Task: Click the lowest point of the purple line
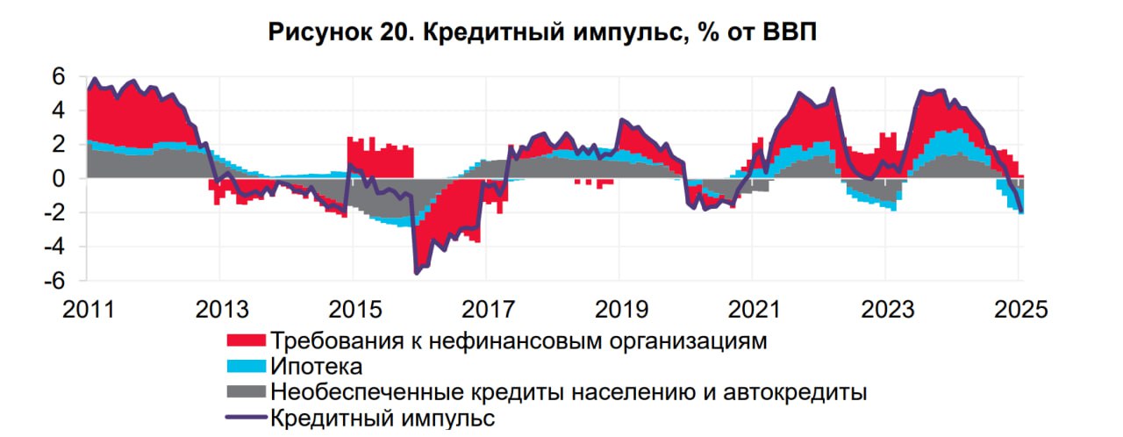coord(416,273)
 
